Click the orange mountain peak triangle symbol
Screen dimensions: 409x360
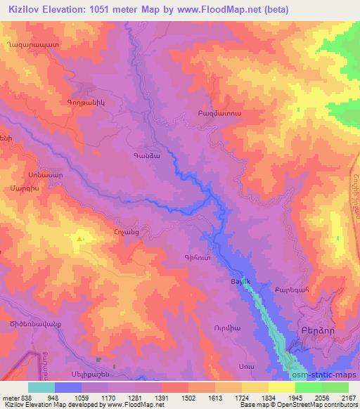(x=79, y=239)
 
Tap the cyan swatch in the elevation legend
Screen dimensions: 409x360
(x=41, y=387)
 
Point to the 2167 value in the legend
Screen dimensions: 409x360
(x=346, y=397)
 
